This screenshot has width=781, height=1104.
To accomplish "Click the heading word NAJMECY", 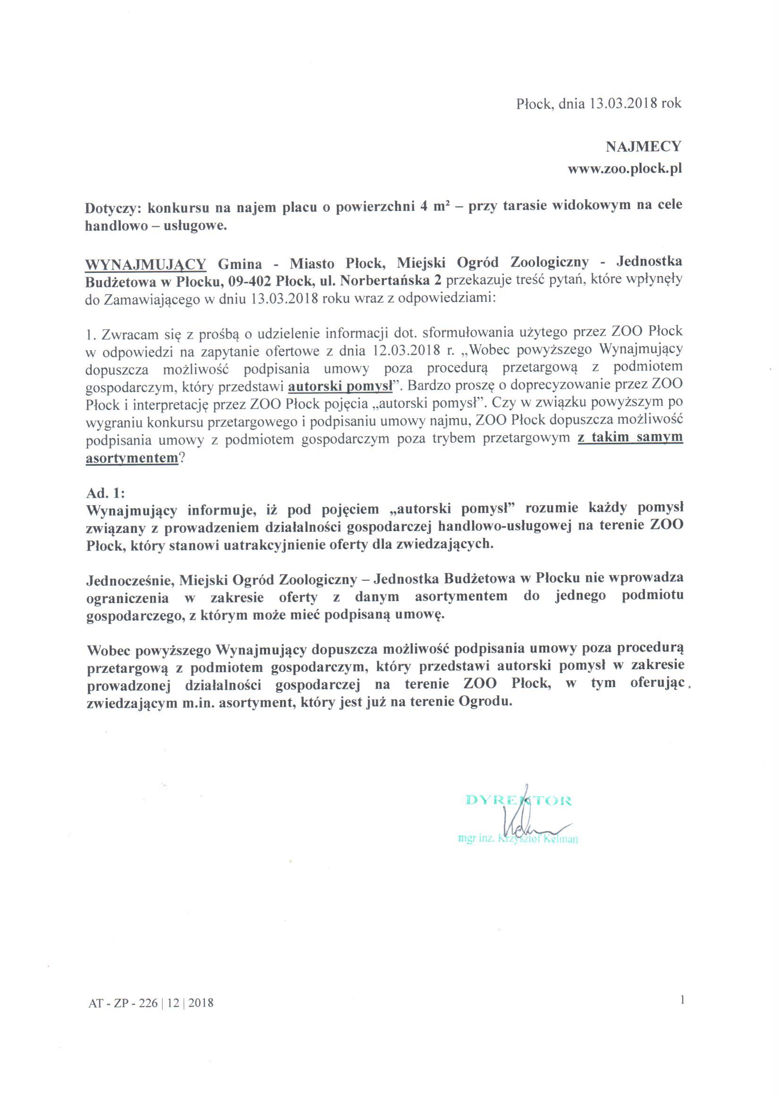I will click(644, 146).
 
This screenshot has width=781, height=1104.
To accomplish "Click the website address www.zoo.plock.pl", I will click(625, 169).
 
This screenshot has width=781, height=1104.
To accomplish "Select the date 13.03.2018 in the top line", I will click(623, 103).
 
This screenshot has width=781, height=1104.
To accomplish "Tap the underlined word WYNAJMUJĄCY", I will click(146, 264).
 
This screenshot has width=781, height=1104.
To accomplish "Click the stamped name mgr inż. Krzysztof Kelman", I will click(518, 839).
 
